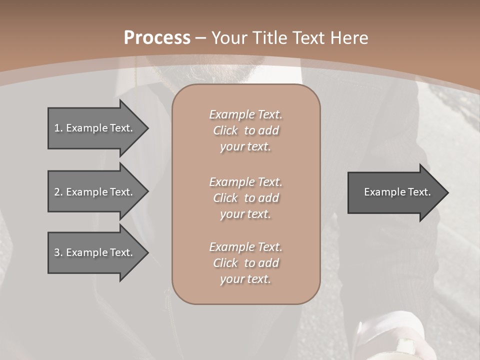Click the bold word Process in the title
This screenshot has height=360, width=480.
(157, 38)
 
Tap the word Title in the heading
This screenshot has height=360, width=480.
(270, 38)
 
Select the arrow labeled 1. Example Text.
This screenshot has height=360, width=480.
(95, 128)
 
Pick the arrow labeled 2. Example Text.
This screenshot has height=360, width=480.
(95, 192)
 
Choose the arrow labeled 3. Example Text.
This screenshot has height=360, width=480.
(95, 252)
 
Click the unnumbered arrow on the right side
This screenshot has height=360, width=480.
(395, 192)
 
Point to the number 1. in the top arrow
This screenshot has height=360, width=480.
(58, 128)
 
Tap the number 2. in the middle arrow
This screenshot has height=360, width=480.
(58, 192)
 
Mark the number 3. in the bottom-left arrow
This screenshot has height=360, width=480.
(58, 252)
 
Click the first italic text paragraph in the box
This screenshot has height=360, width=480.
(245, 130)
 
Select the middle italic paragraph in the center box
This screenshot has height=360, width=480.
(245, 197)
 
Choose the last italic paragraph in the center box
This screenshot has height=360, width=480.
(245, 263)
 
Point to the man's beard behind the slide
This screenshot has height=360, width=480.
(245, 70)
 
